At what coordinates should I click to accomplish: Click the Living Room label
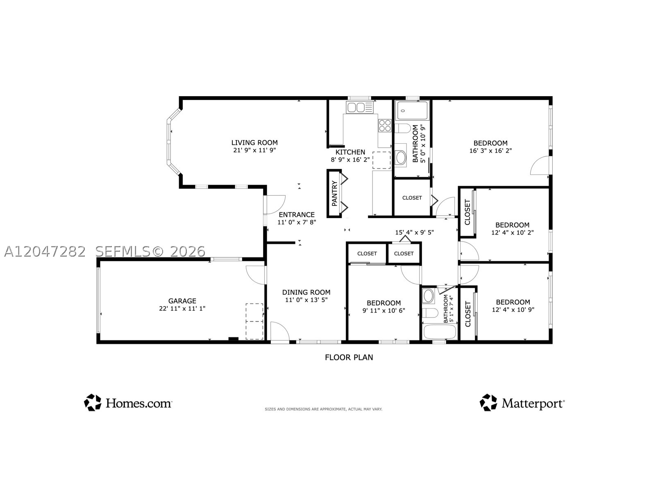click(254, 142)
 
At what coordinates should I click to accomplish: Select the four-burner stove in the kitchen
click(385, 125)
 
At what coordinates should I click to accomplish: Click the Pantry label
click(334, 193)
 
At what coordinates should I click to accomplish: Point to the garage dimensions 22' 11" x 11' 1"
click(182, 309)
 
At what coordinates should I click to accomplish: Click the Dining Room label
click(306, 292)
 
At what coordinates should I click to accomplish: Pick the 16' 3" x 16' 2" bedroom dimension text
click(490, 151)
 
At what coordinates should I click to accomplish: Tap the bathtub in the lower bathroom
click(440, 332)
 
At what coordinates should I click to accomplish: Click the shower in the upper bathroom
click(413, 111)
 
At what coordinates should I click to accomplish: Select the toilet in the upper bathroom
click(403, 129)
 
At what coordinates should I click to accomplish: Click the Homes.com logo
click(128, 402)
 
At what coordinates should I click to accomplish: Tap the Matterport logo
click(522, 402)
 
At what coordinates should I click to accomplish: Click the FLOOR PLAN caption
click(349, 357)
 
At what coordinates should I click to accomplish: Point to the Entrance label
click(297, 215)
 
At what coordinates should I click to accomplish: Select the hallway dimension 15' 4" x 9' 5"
click(414, 232)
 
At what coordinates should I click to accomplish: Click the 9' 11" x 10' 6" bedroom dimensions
click(384, 311)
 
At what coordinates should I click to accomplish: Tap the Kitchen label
click(350, 152)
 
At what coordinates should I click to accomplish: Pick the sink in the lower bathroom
click(428, 296)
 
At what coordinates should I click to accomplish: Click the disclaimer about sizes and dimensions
click(323, 409)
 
